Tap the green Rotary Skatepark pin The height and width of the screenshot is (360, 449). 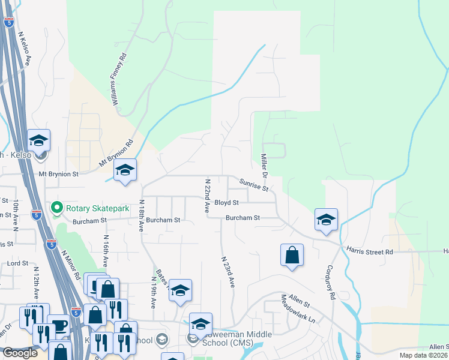click(x=57, y=208)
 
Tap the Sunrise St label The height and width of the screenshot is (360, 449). click(x=253, y=184)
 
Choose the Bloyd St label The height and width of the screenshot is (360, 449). click(x=227, y=203)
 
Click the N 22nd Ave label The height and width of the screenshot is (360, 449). click(x=207, y=196)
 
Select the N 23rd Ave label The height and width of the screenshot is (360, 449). click(x=227, y=272)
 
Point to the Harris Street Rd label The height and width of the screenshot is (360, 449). click(x=369, y=251)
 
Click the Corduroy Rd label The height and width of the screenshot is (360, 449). click(x=330, y=280)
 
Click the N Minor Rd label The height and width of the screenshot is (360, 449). click(x=70, y=265)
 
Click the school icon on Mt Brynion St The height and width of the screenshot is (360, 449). click(x=125, y=170)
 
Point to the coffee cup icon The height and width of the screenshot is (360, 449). click(x=58, y=325)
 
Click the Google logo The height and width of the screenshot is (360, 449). click(x=20, y=353)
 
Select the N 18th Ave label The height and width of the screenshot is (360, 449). click(x=142, y=216)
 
